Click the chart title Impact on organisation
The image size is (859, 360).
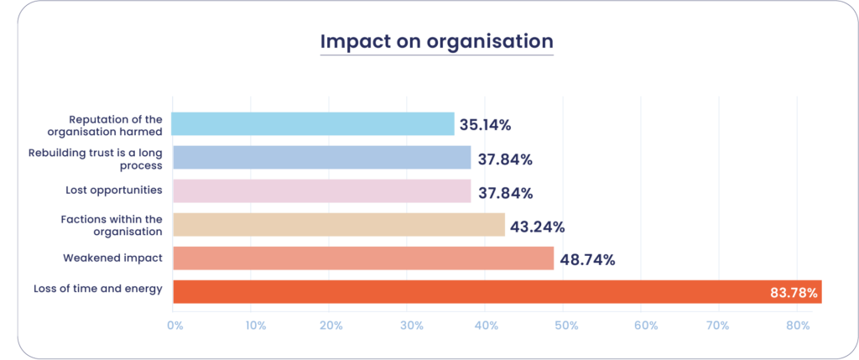pyautogui.click(x=436, y=41)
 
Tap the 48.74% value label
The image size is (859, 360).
pyautogui.click(x=587, y=259)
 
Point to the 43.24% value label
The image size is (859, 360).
pyautogui.click(x=537, y=227)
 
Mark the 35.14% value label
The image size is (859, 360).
pyautogui.click(x=484, y=125)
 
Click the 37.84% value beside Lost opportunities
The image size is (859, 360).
pyautogui.click(x=505, y=193)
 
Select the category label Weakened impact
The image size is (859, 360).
pyautogui.click(x=112, y=258)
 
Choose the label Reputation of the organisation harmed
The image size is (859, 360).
pyautogui.click(x=116, y=124)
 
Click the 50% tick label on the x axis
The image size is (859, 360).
pyautogui.click(x=568, y=325)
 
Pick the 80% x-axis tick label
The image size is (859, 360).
pyautogui.click(x=803, y=325)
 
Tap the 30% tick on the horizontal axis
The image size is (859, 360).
pyautogui.click(x=411, y=325)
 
